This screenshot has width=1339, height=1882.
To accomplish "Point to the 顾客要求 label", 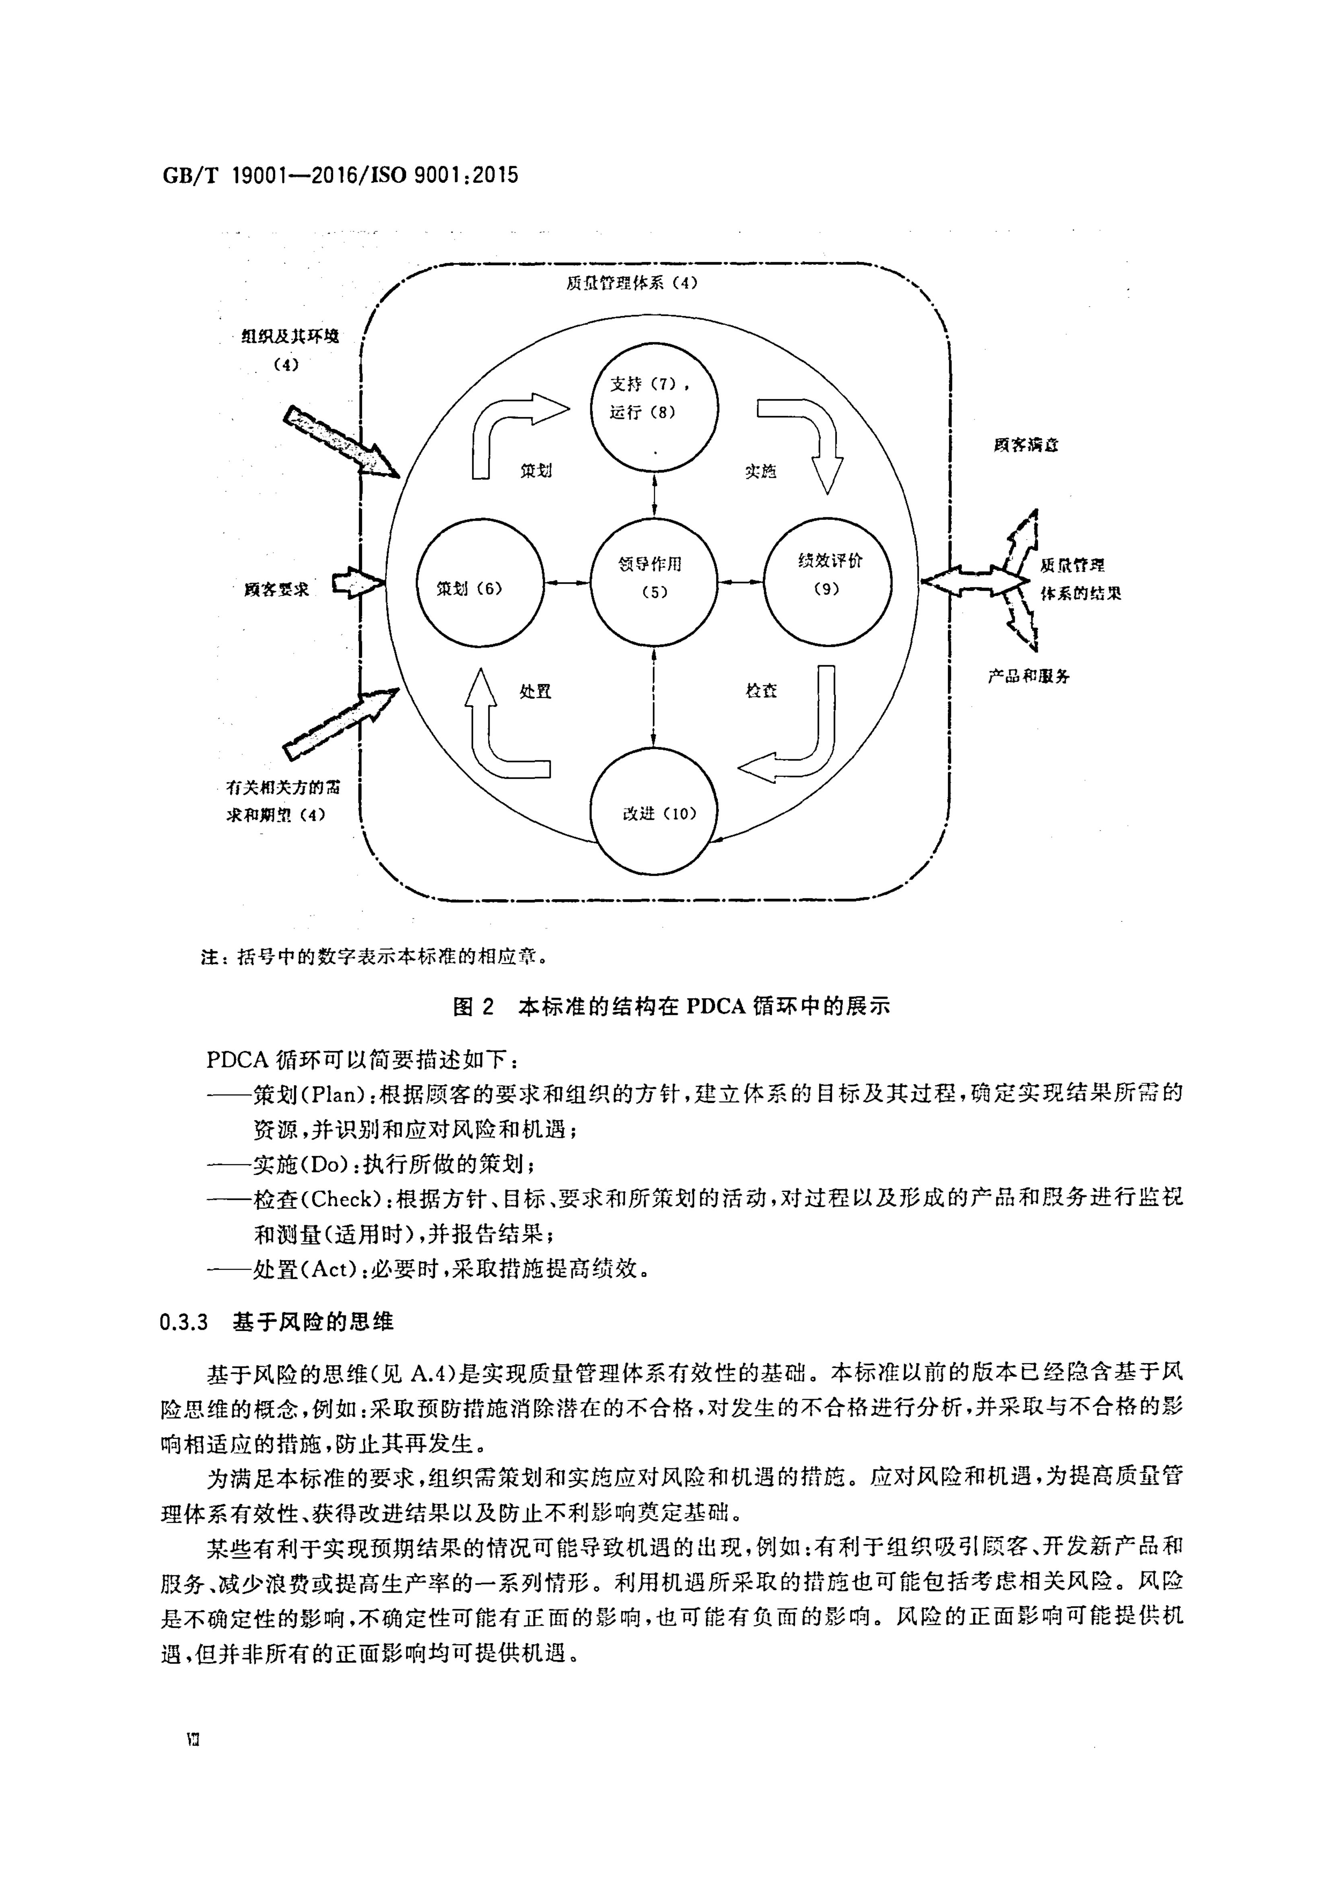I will [276, 590].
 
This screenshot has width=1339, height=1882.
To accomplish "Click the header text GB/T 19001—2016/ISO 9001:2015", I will [340, 176].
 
